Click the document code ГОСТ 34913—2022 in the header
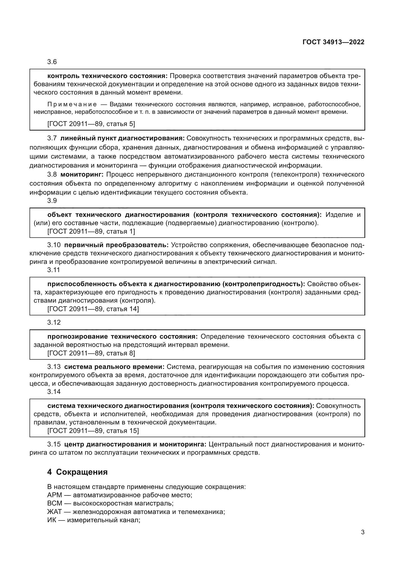point(333,42)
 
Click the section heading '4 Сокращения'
point(77,472)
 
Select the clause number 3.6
point(52,62)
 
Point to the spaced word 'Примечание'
point(72,104)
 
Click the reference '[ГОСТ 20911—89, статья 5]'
point(91,124)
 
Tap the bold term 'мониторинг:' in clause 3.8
point(82,175)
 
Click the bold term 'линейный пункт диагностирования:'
point(122,138)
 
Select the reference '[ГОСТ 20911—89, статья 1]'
point(91,231)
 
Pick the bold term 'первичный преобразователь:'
point(116,245)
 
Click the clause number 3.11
point(54,270)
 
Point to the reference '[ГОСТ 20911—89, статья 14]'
point(93,309)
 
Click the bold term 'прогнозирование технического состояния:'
point(122,337)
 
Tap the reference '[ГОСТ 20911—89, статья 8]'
point(91,353)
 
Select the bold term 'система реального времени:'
point(114,367)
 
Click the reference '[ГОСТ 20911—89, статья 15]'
point(93,431)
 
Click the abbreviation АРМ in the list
point(55,495)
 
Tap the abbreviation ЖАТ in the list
point(54,512)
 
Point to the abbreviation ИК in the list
point(52,520)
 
